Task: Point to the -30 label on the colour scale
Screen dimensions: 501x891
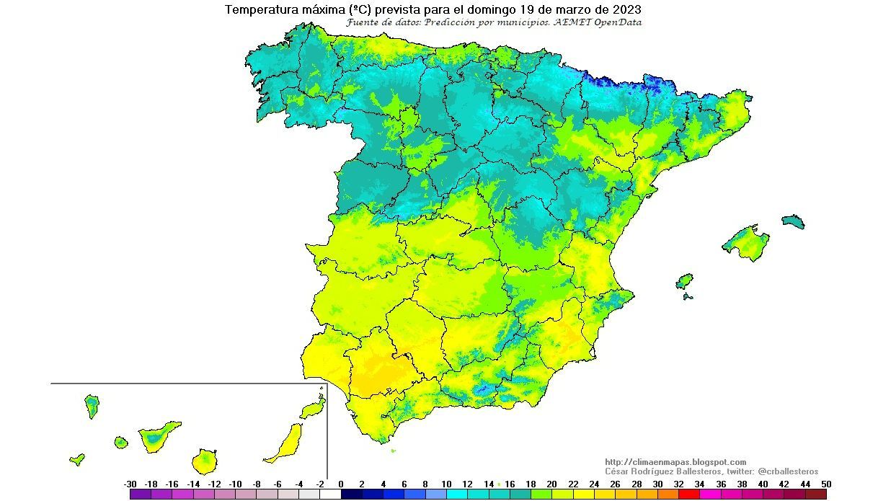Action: (x=130, y=484)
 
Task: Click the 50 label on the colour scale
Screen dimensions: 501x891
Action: (x=825, y=484)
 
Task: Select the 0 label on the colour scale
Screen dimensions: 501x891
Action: (x=340, y=484)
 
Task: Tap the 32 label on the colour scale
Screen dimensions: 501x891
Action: (x=678, y=484)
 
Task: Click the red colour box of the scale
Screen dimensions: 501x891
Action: (x=689, y=495)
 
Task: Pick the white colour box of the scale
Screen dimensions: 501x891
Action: (x=330, y=495)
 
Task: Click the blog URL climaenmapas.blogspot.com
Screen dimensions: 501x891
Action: (x=675, y=462)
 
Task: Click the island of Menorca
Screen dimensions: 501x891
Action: (x=793, y=221)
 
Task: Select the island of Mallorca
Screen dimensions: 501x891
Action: (x=744, y=242)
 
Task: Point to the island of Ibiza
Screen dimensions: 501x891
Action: (x=684, y=280)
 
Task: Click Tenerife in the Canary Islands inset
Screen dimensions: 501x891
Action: (x=158, y=435)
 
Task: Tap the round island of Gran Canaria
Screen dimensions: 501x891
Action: (x=205, y=460)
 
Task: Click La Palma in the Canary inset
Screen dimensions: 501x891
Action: (x=92, y=406)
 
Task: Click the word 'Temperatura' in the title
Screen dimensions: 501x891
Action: (x=257, y=10)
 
